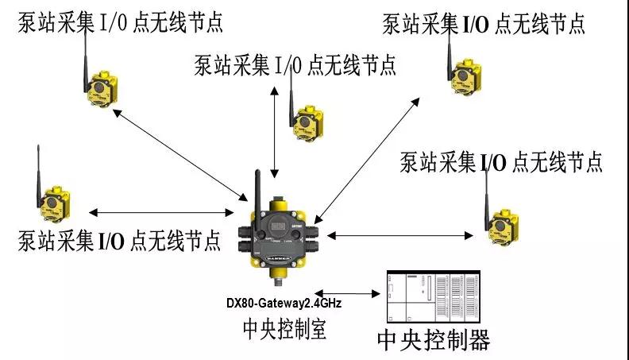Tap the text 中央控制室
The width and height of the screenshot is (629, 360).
(284, 327)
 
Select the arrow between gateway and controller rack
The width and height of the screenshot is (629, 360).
(347, 293)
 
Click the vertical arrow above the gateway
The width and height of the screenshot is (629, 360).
(274, 129)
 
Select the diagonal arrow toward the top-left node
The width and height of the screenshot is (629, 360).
(179, 153)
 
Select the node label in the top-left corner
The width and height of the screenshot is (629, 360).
(119, 21)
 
